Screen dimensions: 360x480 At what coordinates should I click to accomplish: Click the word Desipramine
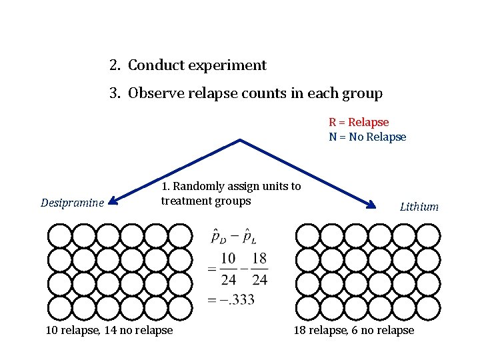[x=72, y=202]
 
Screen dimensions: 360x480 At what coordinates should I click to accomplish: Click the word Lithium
[x=419, y=207]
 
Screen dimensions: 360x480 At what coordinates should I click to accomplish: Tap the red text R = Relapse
[x=359, y=123]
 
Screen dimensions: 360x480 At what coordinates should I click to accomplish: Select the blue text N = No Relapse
[x=367, y=137]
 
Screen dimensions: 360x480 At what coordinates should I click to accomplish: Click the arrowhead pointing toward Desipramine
[x=113, y=199]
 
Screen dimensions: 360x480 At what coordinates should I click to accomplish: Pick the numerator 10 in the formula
[x=228, y=258]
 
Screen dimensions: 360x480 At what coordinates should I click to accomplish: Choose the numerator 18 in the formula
[x=260, y=258]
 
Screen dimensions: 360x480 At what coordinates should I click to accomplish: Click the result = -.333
[x=231, y=299]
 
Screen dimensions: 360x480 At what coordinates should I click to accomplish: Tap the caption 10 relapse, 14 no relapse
[x=109, y=330]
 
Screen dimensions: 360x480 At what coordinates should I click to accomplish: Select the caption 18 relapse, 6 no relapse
[x=353, y=330]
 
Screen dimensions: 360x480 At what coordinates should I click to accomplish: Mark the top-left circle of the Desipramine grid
[x=60, y=235]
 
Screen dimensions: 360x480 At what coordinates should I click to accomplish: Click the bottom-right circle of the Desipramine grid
[x=180, y=308]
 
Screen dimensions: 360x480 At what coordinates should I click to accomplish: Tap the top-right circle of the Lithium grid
[x=427, y=235]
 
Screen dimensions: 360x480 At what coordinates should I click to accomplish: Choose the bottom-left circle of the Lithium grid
[x=307, y=308]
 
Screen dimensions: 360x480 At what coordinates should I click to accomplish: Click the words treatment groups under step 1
[x=205, y=201]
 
